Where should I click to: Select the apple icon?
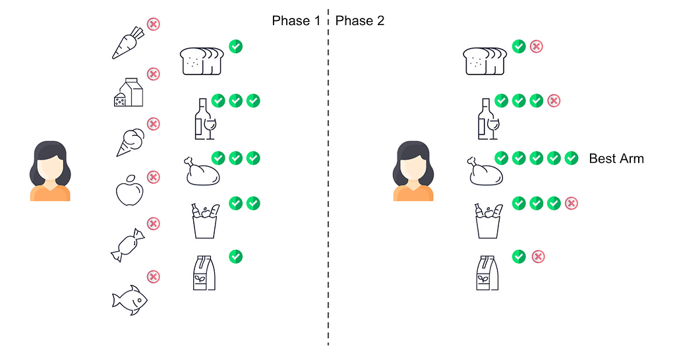click(129, 191)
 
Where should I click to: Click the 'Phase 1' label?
click(296, 21)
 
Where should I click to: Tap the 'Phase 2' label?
click(360, 21)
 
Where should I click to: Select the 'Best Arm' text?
click(616, 158)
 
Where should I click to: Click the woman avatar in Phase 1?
click(49, 170)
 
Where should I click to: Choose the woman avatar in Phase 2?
click(414, 170)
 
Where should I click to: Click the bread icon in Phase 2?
click(485, 61)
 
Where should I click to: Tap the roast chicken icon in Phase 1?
click(202, 171)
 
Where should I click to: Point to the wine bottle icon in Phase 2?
click(488, 119)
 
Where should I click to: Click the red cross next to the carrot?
click(153, 24)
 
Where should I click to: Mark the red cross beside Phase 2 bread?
click(537, 46)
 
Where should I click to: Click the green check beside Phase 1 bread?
click(235, 46)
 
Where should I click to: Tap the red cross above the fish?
click(153, 277)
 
